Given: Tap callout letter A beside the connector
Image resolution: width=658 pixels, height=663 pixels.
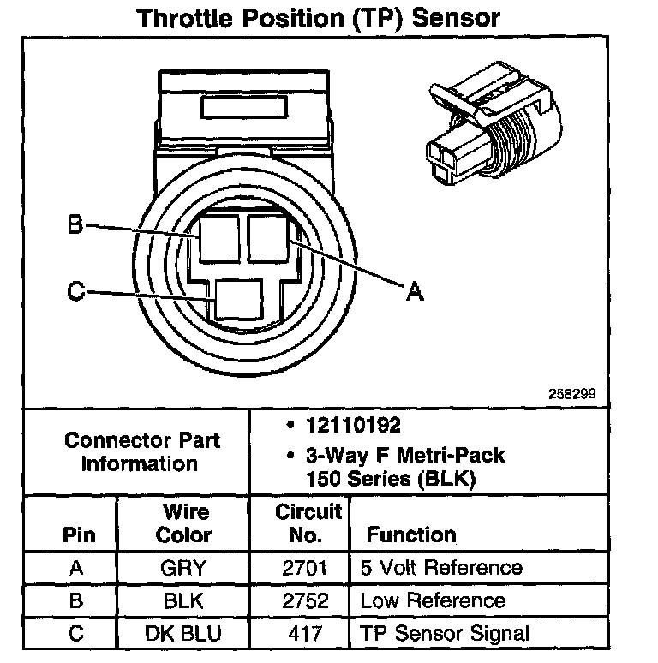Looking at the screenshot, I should point(415,292).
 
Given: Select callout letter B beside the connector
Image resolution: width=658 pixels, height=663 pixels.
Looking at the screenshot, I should point(75,225).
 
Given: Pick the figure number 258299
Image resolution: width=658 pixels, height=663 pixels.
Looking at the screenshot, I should point(572,395).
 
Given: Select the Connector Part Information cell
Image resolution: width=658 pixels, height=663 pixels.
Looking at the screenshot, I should point(142,451).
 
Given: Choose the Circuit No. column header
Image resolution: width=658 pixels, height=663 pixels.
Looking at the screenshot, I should point(309,523).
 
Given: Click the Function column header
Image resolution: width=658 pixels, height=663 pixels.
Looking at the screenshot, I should point(411,535).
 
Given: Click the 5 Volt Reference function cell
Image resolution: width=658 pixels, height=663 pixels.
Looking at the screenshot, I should point(441,567).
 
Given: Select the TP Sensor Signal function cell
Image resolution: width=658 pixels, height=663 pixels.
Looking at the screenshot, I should point(445,634).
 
